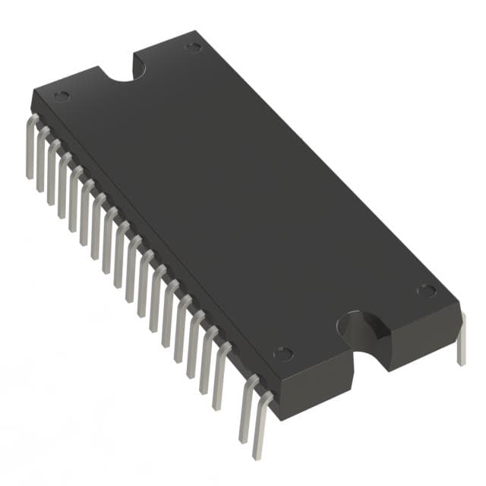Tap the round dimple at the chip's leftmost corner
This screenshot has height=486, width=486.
tap(62, 96)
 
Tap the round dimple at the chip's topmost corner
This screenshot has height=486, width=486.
tap(193, 48)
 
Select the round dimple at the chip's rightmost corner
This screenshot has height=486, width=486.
tap(427, 290)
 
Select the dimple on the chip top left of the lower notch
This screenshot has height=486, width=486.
tap(282, 353)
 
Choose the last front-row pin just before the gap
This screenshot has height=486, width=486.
tap(221, 372)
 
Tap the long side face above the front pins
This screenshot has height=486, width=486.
tap(152, 220)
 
